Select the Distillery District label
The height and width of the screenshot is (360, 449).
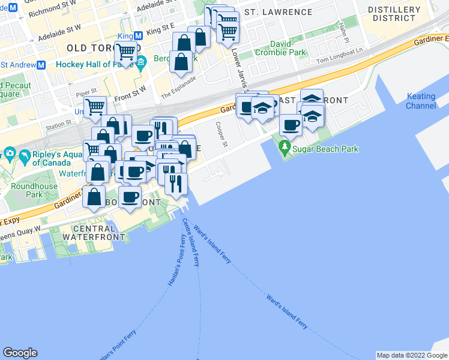coord(394,14)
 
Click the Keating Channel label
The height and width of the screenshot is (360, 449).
coord(421,101)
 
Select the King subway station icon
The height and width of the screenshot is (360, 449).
coord(139,36)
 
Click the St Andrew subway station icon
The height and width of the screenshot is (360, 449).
coord(41,65)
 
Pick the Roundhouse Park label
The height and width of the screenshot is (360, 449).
coord(34,190)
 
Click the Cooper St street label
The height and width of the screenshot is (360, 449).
coord(221,136)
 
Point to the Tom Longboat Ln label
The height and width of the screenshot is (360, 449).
coord(340,59)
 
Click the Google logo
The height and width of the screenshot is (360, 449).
coord(20,353)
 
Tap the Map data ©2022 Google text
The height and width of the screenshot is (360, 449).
coord(411,355)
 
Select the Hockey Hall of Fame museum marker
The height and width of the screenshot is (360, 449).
coord(141,62)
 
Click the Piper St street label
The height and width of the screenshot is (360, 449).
coord(86,92)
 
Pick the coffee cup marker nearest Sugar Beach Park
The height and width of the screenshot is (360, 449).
coord(291,125)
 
